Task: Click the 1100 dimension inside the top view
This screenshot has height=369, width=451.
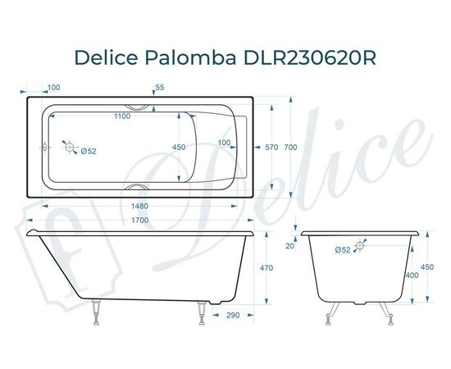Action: pos(121,116)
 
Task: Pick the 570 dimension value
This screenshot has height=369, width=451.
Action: pos(272,148)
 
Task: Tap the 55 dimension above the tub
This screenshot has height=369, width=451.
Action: pos(159,87)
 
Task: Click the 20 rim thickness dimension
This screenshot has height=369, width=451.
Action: pos(289,245)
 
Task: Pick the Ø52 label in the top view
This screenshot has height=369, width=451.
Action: pos(89,150)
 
